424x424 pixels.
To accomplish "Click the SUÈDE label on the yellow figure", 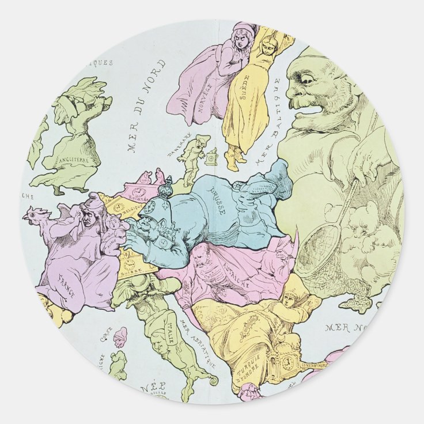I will [x=245, y=87].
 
